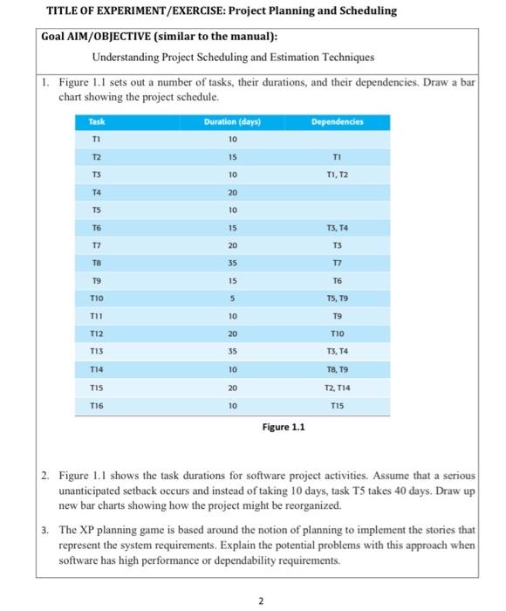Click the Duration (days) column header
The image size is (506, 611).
231,122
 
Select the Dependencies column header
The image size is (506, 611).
336,122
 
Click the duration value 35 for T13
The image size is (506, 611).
232,351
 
